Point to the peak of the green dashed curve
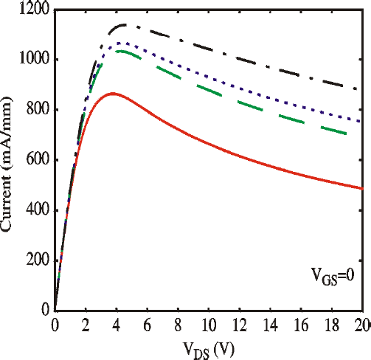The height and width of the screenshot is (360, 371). pyautogui.click(x=118, y=51)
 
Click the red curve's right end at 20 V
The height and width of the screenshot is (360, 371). pyautogui.click(x=361, y=188)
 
